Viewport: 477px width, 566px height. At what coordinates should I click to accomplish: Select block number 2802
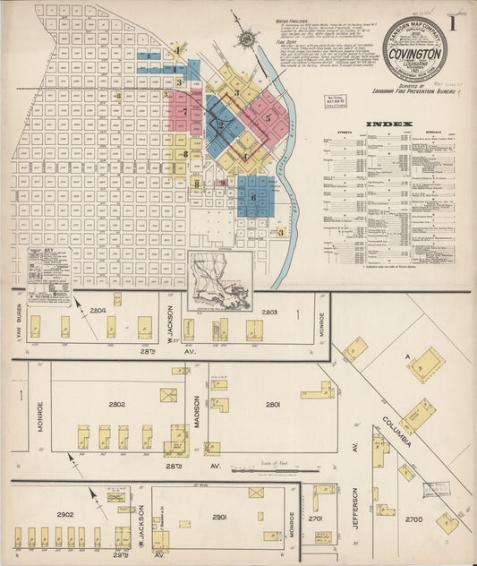[117, 404]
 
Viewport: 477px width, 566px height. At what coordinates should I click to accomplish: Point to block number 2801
[273, 404]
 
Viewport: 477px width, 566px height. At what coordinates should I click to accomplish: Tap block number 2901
[219, 517]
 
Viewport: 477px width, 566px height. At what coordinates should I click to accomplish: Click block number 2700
[414, 519]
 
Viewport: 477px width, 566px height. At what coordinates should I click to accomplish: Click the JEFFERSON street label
[355, 506]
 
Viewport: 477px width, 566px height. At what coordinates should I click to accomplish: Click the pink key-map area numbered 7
[185, 111]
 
